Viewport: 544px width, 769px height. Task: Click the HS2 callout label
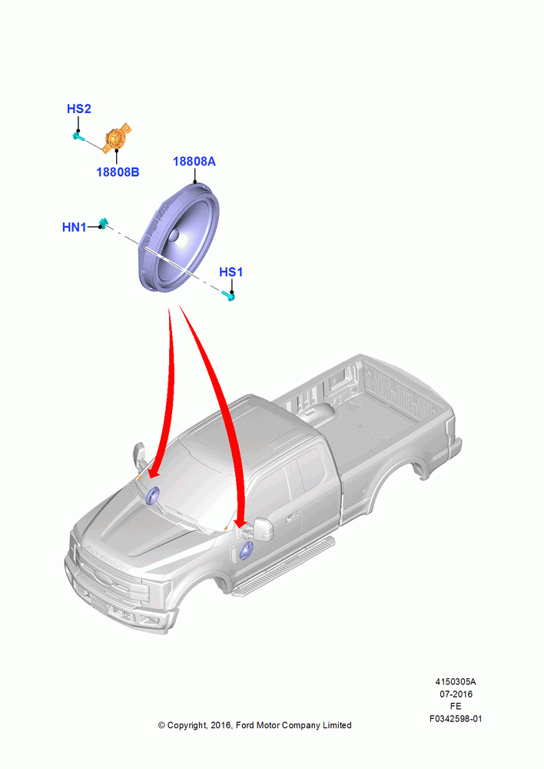[79, 109]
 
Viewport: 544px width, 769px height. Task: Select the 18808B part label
[118, 172]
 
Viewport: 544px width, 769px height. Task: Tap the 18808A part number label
[194, 161]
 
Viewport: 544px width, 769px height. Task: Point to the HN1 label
[74, 227]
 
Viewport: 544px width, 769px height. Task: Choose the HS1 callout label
[231, 271]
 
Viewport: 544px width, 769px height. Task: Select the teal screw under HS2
[78, 136]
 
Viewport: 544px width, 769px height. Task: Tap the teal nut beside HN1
[103, 223]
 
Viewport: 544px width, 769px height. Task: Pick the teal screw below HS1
[229, 295]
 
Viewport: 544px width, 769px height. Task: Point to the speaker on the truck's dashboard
[152, 496]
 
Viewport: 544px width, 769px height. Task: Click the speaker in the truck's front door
[246, 551]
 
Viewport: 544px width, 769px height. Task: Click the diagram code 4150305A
[456, 681]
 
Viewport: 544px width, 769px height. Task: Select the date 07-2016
[456, 694]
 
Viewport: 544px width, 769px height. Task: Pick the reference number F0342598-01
[456, 719]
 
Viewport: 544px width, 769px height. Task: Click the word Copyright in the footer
[187, 725]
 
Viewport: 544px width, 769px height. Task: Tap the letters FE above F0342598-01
[456, 706]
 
